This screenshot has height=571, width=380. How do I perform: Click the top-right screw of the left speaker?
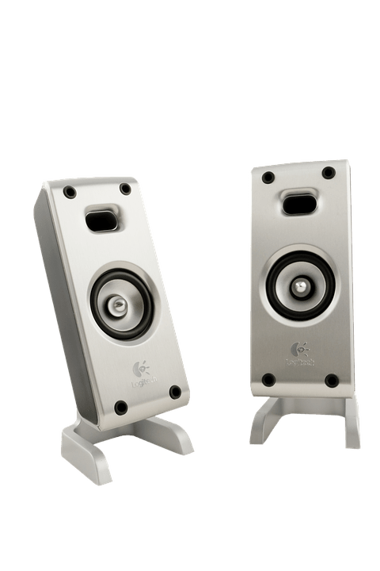click(x=125, y=189)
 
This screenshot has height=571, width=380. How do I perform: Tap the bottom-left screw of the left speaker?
click(x=120, y=408)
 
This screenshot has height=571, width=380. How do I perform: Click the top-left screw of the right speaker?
click(x=268, y=177)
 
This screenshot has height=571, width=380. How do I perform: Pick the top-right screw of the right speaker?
click(x=326, y=173)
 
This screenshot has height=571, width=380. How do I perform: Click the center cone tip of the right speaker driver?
click(x=302, y=285)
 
